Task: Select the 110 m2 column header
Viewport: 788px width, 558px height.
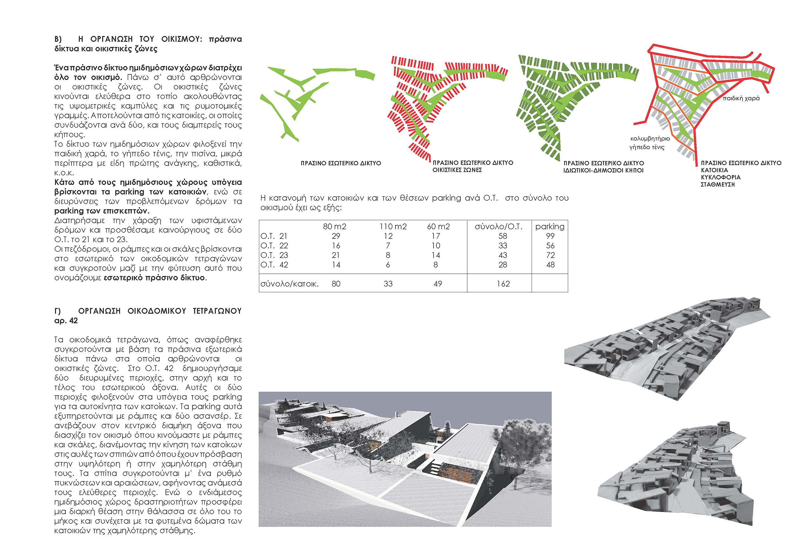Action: click(393, 226)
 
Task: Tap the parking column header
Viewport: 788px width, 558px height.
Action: click(549, 226)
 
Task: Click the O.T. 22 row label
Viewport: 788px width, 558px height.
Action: click(274, 246)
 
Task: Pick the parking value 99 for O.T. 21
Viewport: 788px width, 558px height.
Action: click(550, 236)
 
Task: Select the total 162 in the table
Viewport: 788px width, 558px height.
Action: click(503, 284)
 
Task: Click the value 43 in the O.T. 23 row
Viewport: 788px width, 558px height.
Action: click(502, 255)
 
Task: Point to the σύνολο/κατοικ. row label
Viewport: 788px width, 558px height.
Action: click(289, 284)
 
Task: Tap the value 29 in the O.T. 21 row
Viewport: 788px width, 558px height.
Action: click(336, 236)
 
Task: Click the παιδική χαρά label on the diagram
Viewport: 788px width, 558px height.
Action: click(741, 98)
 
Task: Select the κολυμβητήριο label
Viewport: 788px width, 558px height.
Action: click(650, 139)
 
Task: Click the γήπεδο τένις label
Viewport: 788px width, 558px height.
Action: click(647, 148)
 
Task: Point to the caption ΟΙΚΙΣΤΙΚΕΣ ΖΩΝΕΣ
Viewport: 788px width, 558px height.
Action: click(457, 170)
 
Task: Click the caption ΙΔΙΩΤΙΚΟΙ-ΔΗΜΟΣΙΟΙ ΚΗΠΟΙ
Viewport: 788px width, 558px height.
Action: click(603, 170)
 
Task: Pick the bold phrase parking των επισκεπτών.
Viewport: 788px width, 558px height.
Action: click(102, 210)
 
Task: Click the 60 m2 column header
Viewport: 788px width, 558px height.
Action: click(438, 226)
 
